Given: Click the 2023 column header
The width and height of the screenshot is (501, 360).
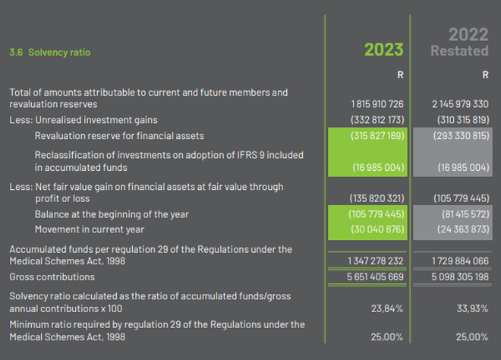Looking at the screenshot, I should pos(383,50).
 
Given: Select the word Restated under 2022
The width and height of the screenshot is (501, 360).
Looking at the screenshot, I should pos(458,52).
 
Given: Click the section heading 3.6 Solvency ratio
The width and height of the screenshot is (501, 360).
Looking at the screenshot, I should pos(49,52).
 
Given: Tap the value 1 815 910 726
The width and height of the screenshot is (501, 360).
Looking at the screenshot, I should pos(377,104).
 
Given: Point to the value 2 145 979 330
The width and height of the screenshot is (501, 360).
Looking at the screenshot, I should pos(459,104).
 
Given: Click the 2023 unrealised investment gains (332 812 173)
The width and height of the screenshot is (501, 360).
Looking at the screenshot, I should pos(377,120).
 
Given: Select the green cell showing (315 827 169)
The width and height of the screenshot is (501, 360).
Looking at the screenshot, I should pos(377,136).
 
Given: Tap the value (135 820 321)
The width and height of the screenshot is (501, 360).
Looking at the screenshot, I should pos(377,198).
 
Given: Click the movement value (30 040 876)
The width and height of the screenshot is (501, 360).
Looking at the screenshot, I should pos(377,229).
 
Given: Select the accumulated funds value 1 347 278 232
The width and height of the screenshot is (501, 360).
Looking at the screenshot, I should pos(377,261).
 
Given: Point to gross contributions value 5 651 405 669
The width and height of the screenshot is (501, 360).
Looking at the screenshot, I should pos(377,276).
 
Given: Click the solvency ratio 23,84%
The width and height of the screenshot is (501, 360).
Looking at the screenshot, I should pos(388,308).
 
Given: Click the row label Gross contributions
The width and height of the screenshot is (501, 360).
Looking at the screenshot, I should pos(48,276).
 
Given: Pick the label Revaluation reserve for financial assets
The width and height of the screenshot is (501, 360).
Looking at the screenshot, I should pos(119,136).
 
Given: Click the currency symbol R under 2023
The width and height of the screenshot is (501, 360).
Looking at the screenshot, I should pos(400,75).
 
